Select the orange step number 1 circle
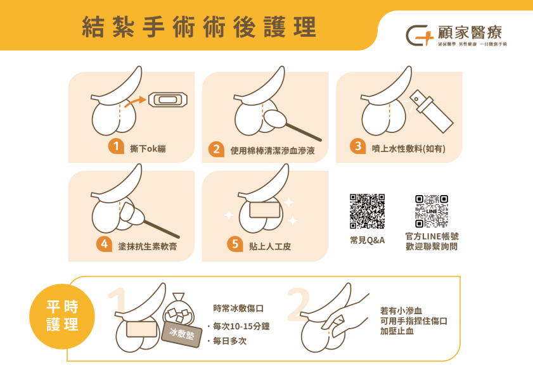click(x=115, y=146)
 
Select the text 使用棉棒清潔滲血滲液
click(x=273, y=151)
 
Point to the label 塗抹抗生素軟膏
click(x=147, y=245)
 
